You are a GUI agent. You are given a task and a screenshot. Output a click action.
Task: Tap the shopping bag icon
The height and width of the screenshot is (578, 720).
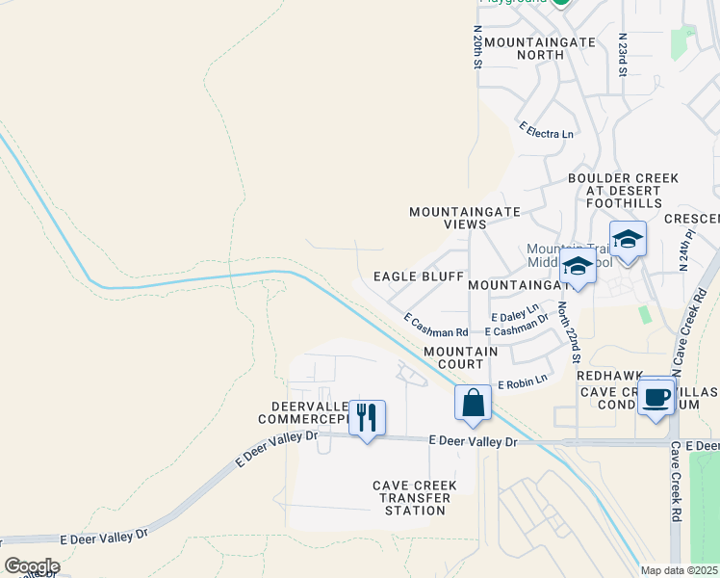pos(474,403)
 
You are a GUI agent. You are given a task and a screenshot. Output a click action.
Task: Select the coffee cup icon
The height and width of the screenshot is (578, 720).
pos(656,396)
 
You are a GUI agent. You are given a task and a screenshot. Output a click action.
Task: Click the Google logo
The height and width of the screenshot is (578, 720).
pos(32,565)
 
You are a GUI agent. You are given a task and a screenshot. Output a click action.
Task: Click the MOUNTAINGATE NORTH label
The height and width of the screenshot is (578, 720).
pos(525,48)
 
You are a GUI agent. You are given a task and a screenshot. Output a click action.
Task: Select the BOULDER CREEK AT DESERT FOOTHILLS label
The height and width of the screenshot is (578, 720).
pos(624,191)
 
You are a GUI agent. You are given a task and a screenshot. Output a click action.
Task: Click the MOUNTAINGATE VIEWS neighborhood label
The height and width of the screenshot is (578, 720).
pos(465,217)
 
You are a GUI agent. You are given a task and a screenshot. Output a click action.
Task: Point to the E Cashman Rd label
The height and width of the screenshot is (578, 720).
pos(435,324)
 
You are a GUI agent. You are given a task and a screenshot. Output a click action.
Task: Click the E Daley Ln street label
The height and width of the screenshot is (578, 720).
pos(515,313)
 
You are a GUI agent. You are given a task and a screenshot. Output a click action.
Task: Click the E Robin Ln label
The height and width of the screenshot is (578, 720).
pos(522,383)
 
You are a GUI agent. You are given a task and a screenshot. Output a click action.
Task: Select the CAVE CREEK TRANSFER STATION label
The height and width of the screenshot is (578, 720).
pos(413,497)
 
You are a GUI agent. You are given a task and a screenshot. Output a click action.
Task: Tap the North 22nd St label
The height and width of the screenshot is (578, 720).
pos(569,330)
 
